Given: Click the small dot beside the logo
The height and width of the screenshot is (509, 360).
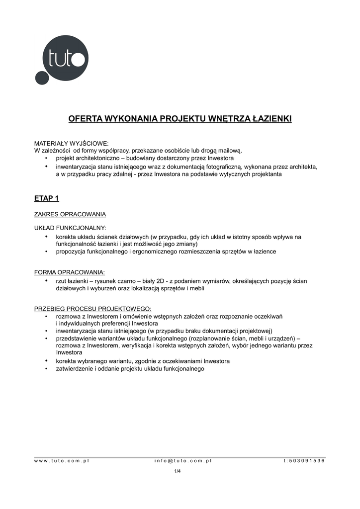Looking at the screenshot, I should (x=40, y=79).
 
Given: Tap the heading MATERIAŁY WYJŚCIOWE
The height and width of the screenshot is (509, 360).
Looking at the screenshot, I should (x=71, y=143).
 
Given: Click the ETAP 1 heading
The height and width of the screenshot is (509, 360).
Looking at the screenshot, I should (x=46, y=198).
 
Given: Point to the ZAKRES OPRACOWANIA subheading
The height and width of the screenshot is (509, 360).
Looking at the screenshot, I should (x=70, y=215).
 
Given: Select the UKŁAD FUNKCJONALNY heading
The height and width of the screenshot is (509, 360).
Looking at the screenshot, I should (x=70, y=228).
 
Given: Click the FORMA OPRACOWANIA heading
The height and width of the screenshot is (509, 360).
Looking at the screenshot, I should (x=69, y=272).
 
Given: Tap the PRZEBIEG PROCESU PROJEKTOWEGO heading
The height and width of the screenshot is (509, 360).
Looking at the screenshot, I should (x=92, y=308).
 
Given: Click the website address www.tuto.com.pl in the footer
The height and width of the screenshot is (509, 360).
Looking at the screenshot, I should (x=62, y=461).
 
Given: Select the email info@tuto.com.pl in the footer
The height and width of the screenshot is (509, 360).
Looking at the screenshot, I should (x=183, y=461).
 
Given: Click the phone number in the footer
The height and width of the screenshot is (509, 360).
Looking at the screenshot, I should (x=304, y=461).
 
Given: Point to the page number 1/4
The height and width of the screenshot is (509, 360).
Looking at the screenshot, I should (x=177, y=471).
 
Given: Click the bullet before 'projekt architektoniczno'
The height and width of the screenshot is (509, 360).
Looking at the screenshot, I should (x=46, y=158).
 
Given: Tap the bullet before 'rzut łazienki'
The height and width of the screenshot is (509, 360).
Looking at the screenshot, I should (x=46, y=281).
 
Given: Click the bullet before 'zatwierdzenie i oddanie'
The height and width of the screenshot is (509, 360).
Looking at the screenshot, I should (x=46, y=369).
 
